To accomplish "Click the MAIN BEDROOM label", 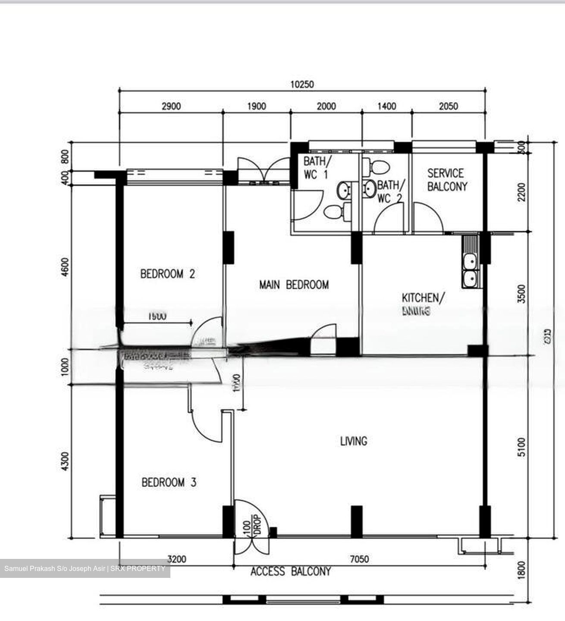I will click(294, 285).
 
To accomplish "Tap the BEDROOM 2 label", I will click(167, 274).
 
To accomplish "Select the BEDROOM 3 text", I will click(169, 482).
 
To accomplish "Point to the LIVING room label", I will click(354, 441).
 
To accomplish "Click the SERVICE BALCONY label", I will click(447, 180).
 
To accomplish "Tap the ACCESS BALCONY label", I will click(291, 571).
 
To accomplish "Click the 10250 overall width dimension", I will click(302, 84).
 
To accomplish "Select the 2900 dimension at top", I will click(171, 106).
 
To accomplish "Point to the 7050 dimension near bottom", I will click(359, 559).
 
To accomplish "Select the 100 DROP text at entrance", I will click(252, 525).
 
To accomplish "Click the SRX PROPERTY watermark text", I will click(138, 568).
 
